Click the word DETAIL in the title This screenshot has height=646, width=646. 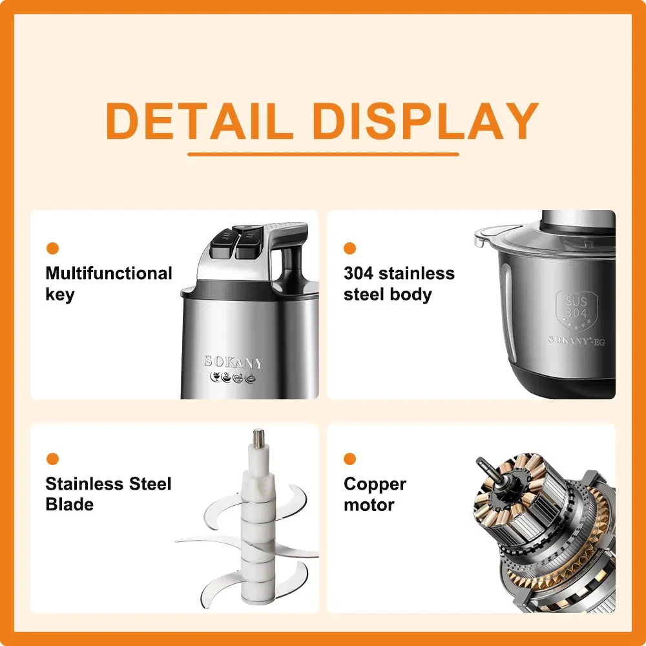click(200, 120)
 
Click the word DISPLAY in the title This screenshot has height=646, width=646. click(426, 120)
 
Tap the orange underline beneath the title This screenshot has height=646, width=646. click(324, 154)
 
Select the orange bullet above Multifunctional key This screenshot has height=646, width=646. click(53, 249)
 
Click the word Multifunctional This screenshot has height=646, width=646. click(109, 273)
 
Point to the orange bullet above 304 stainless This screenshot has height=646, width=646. click(349, 249)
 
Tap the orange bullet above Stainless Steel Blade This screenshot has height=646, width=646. click(53, 459)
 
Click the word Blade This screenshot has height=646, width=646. click(70, 505)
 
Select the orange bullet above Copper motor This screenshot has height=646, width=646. click(349, 459)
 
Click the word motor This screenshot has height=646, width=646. click(369, 505)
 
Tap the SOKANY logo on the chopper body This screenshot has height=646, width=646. click(234, 362)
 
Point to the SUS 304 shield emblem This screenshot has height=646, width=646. click(576, 311)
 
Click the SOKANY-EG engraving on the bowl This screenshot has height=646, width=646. click(577, 340)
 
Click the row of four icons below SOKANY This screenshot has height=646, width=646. click(233, 377)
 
